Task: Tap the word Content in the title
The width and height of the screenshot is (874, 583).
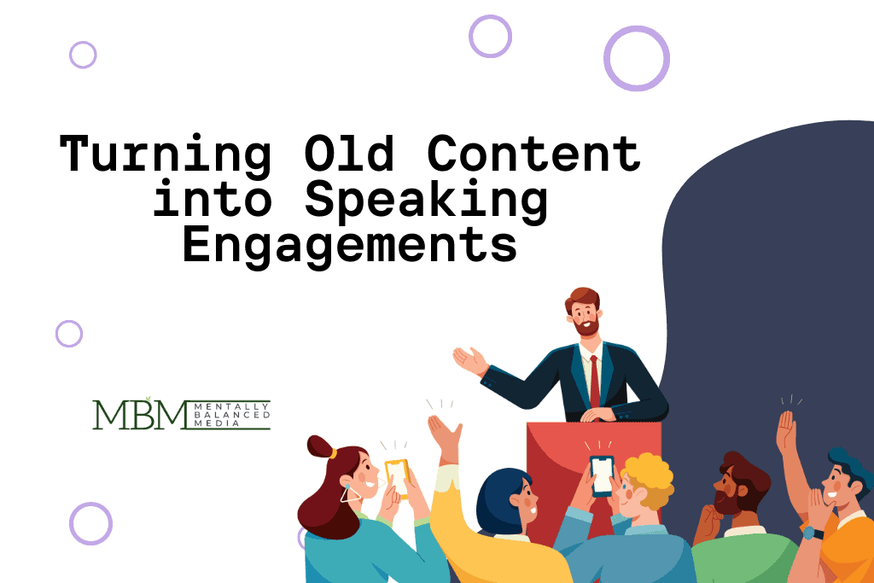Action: coord(534,154)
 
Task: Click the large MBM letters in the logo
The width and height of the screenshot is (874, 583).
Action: coord(139,415)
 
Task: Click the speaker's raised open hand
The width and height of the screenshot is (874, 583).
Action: coord(469,359)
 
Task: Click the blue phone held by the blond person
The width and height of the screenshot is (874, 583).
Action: coord(602,474)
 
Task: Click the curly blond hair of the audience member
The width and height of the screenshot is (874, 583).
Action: coord(649,474)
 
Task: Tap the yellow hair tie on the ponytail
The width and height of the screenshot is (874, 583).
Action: coord(333,453)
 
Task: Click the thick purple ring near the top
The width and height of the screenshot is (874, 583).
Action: coord(636,58)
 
